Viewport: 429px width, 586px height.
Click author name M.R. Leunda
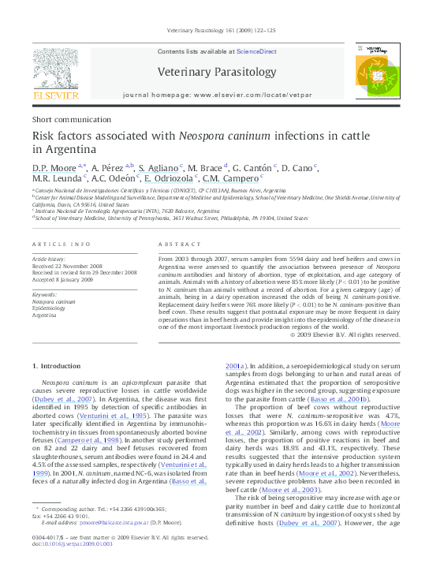click(x=56, y=179)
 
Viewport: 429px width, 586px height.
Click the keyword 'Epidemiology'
click(x=50, y=308)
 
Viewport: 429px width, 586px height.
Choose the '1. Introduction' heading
click(x=54, y=366)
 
